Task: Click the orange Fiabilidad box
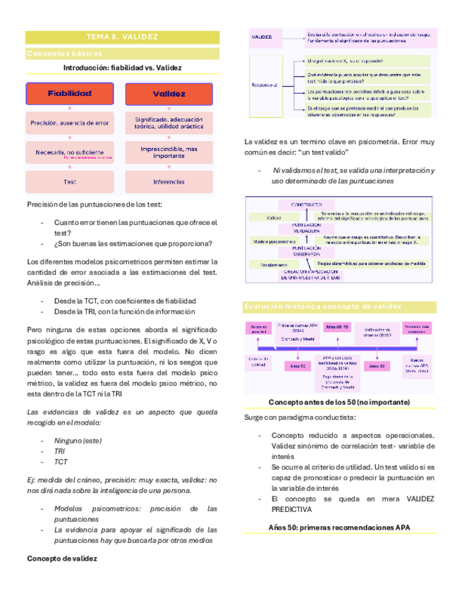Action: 69,93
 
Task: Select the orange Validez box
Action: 169,93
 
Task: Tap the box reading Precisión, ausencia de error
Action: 69,123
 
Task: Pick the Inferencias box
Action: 169,181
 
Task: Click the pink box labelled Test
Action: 69,181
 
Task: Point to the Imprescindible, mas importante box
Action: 169,152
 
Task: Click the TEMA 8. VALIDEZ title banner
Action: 122,37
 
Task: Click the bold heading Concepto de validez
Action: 61,557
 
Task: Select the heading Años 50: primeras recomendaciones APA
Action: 340,527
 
